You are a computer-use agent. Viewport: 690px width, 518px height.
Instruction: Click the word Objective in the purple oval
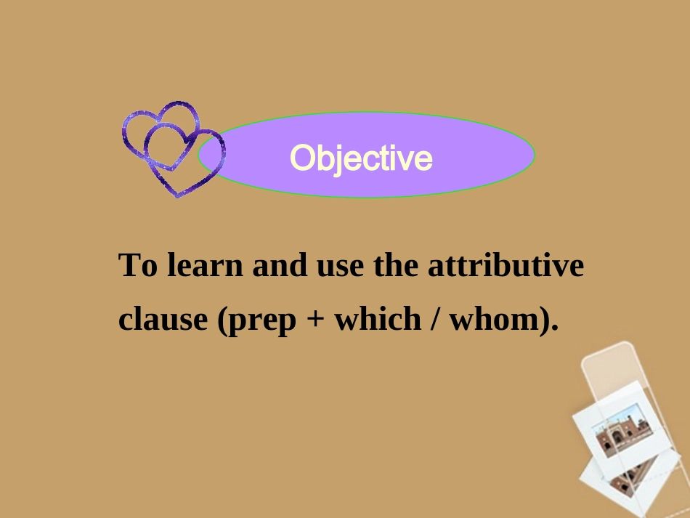pyautogui.click(x=361, y=158)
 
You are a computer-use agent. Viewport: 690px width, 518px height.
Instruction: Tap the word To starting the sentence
pyautogui.click(x=138, y=265)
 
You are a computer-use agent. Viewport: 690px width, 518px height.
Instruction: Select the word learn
pyautogui.click(x=205, y=265)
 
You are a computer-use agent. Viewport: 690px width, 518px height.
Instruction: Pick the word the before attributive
pyautogui.click(x=396, y=265)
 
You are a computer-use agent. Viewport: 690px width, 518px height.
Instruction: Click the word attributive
pyautogui.click(x=506, y=265)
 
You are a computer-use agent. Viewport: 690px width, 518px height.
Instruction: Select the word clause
pyautogui.click(x=163, y=319)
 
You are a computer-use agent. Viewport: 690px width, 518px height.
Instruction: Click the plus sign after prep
pyautogui.click(x=315, y=320)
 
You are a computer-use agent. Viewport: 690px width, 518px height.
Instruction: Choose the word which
pyautogui.click(x=376, y=319)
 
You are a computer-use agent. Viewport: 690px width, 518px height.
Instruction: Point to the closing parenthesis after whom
pyautogui.click(x=547, y=320)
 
